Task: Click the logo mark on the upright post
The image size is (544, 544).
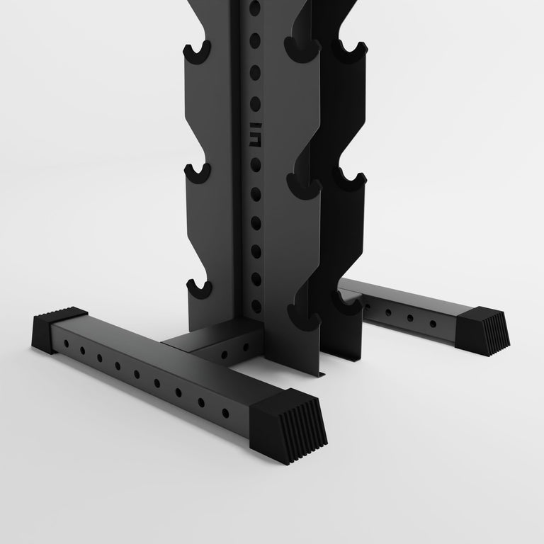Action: click(x=256, y=131)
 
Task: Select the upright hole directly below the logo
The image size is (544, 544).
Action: click(x=256, y=162)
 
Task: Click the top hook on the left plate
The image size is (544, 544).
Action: click(x=198, y=52)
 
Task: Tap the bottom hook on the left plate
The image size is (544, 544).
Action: click(x=198, y=288)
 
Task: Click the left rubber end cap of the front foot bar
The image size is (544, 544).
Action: click(x=57, y=329)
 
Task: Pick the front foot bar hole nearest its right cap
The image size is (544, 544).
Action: click(x=225, y=412)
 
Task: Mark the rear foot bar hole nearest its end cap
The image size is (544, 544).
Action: click(x=433, y=323)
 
